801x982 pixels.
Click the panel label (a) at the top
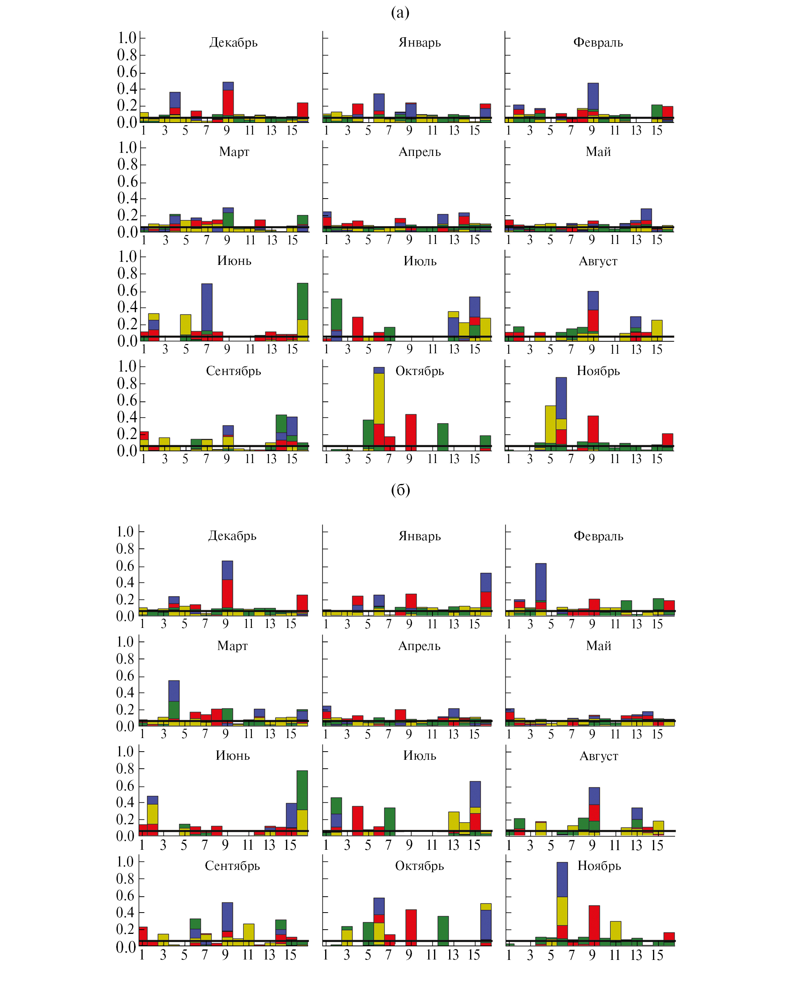click(x=400, y=12)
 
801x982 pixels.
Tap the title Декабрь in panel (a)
click(x=233, y=43)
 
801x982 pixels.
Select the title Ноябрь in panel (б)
click(x=599, y=866)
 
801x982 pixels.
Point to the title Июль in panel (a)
click(x=420, y=261)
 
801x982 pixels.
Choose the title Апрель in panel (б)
click(x=419, y=646)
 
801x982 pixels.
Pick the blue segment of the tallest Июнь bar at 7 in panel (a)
click(x=207, y=307)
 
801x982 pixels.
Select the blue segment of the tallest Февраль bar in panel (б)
click(x=541, y=582)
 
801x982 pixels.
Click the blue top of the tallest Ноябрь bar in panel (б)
click(x=562, y=880)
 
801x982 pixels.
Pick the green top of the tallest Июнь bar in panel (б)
click(x=302, y=790)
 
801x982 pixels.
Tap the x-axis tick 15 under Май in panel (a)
click(x=657, y=240)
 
